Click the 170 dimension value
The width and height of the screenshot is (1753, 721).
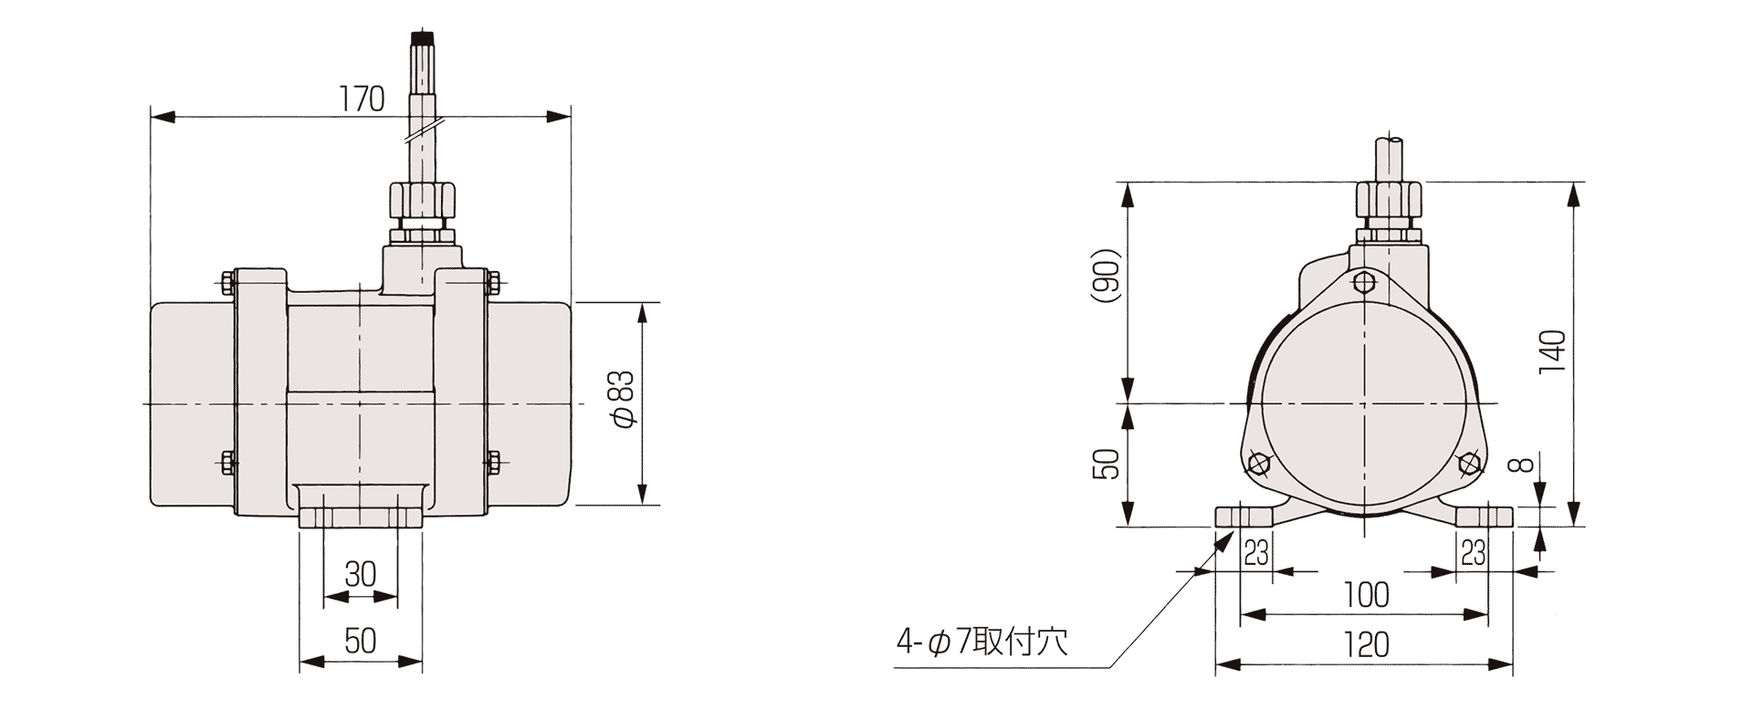[363, 99]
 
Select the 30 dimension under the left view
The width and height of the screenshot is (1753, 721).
[361, 574]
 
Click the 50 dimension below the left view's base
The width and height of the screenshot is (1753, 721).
[361, 641]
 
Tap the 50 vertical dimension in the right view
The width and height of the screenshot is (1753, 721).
[1106, 464]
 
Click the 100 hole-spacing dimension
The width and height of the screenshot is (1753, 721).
[1366, 595]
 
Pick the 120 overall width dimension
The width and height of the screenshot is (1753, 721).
[1366, 644]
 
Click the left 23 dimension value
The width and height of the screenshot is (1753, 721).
[1256, 552]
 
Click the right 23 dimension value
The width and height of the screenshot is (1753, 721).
[1473, 552]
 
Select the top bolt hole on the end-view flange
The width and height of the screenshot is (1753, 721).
[1363, 282]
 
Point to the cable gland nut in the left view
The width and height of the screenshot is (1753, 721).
[421, 200]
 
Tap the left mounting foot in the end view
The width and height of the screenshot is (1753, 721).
[1244, 517]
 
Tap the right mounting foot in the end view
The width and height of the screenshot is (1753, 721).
[1484, 517]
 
